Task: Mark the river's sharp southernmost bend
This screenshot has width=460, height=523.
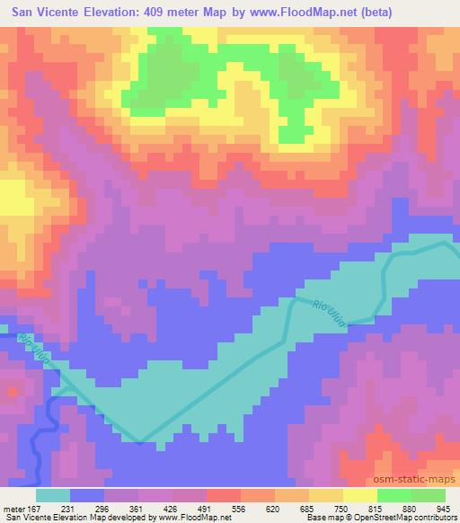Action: [139, 441]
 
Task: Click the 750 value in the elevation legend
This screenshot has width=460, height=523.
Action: [330, 508]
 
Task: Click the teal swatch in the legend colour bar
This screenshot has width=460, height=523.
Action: [52, 495]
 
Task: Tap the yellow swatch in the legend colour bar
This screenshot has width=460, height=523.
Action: [359, 495]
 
